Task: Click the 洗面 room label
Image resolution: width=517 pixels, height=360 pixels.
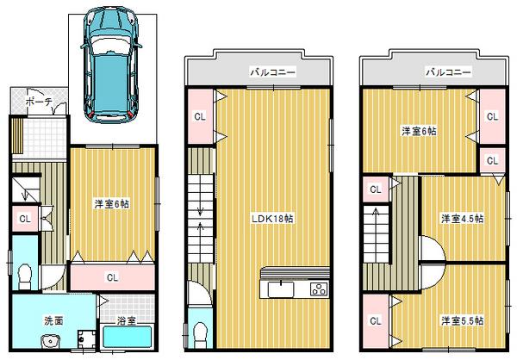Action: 54,320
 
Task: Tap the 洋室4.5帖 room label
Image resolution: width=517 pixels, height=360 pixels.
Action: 462,218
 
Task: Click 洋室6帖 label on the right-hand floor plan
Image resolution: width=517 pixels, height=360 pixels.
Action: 420,131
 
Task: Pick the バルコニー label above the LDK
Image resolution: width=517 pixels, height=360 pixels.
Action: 273,74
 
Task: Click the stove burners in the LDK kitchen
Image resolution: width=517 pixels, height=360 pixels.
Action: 318,289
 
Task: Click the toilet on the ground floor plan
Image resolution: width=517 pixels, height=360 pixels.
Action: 25,276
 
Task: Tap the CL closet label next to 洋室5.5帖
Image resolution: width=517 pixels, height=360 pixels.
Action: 375,320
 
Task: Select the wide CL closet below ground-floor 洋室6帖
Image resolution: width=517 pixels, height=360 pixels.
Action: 112,277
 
